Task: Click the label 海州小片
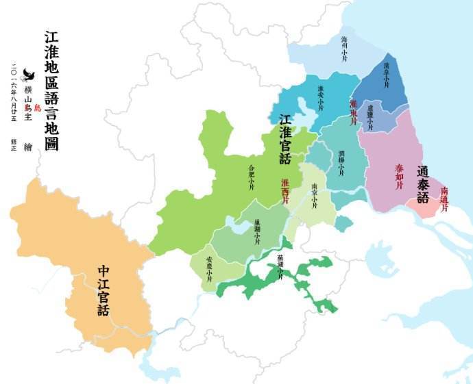pos(345,48)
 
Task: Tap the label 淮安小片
pos(320,97)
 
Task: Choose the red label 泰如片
pos(399,177)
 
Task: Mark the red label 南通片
pos(444,199)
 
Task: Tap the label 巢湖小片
pos(257,231)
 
